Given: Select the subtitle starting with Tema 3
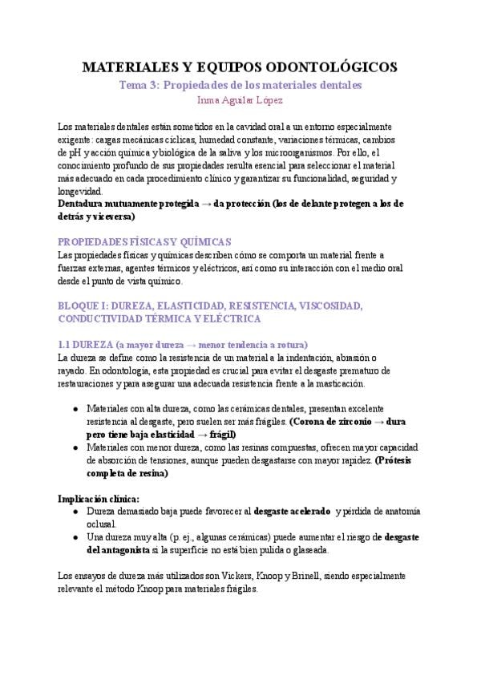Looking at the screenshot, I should coord(240,84).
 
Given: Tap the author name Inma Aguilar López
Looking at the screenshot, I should coord(240,100).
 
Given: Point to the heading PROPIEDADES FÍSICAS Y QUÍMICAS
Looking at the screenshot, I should coord(144,241).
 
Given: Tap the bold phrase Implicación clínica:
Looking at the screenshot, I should coord(99,498).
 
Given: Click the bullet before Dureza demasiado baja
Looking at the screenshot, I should coord(75,511).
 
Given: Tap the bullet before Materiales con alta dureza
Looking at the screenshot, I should coord(75,408).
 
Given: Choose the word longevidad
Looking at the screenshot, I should coord(80,192).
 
